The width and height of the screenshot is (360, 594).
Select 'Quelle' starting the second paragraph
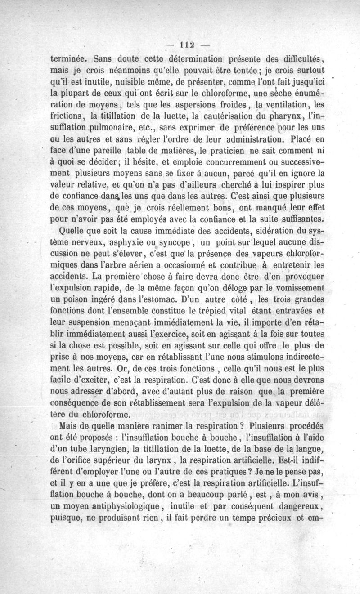(73, 232)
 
